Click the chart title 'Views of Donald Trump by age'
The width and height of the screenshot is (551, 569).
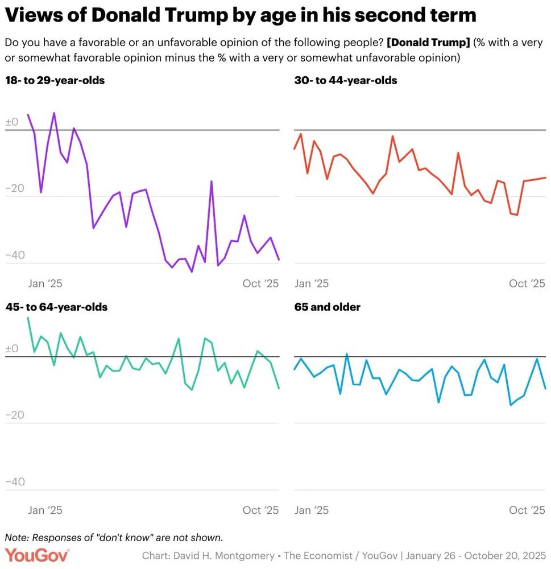(240, 15)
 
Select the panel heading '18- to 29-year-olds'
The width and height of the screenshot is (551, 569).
(55, 81)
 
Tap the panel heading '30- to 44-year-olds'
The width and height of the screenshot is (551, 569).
(346, 81)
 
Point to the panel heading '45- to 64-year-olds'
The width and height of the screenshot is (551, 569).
(56, 307)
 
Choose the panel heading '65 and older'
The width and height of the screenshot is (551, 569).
(327, 307)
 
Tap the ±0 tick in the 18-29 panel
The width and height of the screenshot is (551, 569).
(12, 122)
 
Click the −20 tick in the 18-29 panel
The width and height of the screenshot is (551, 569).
(15, 189)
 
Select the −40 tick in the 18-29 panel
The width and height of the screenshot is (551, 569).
(15, 255)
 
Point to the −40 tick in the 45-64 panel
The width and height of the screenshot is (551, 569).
(15, 482)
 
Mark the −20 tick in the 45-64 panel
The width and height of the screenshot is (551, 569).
(15, 415)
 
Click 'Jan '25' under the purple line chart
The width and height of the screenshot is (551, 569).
(45, 283)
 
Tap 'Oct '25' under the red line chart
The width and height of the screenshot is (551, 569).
(527, 283)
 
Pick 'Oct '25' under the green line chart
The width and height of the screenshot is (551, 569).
(260, 510)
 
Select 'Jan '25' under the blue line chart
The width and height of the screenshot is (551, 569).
(312, 510)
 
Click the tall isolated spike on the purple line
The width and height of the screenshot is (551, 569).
(212, 182)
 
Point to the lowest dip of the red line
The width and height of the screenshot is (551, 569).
(517, 215)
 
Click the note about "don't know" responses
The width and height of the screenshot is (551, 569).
(114, 538)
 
